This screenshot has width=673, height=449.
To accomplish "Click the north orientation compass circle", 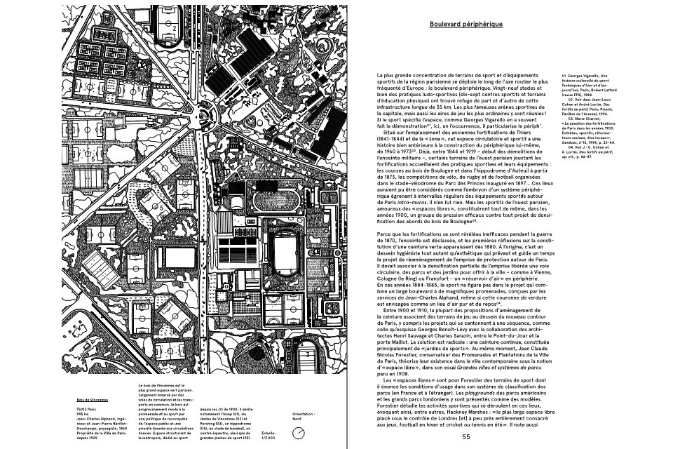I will [x=299, y=434].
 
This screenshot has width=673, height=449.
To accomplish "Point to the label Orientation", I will [x=304, y=414].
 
